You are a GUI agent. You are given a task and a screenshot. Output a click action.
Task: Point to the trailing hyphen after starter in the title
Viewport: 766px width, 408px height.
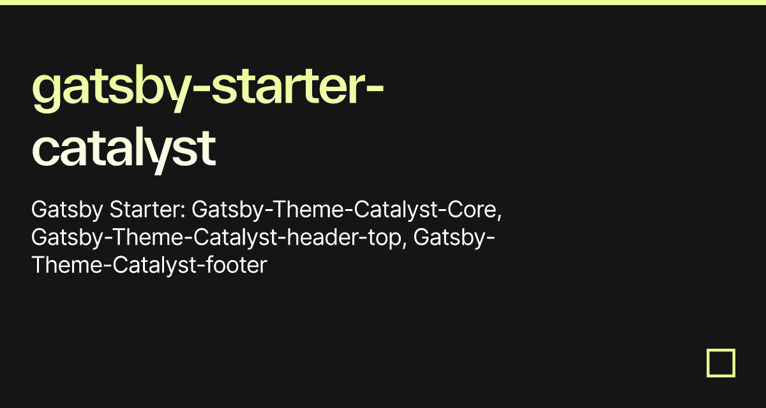coord(375,88)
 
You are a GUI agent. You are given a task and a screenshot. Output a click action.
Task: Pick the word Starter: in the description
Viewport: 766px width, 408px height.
coord(147,209)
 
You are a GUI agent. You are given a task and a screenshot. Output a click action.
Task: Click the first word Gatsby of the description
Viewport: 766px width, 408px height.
coord(67,210)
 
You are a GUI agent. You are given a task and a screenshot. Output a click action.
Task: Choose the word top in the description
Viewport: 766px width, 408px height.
coord(385,238)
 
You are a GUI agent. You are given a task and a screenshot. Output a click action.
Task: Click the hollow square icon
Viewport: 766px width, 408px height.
coord(721,350)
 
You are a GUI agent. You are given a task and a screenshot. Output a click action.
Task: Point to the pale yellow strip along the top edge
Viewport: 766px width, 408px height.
coord(383,3)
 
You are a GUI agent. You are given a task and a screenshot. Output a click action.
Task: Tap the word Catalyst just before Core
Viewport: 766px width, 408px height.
coord(395,210)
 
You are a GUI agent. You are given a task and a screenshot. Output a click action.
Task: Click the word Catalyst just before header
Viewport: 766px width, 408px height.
coord(236,238)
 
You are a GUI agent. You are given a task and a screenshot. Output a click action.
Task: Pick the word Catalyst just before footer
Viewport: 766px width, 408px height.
coord(154,266)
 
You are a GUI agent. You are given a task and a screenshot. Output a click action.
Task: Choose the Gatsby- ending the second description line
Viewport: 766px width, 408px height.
coord(454,238)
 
